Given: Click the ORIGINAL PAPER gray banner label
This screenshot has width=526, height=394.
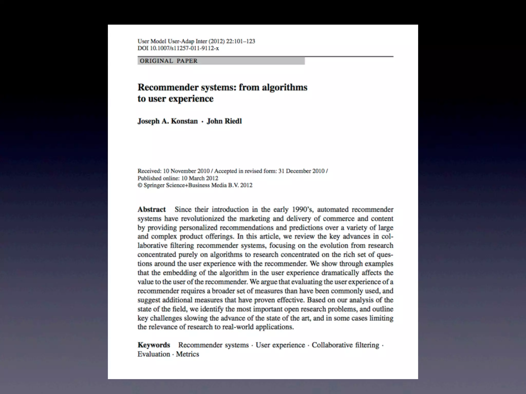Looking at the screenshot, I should click(x=169, y=61).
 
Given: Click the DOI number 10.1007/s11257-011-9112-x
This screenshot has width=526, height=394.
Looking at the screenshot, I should click(x=184, y=48).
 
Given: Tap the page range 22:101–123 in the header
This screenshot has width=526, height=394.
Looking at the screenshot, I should click(x=240, y=41).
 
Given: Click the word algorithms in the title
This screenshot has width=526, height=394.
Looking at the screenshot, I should click(x=285, y=87).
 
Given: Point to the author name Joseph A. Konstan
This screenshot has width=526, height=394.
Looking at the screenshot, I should click(x=168, y=121).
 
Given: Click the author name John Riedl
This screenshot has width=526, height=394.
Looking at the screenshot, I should click(x=224, y=121).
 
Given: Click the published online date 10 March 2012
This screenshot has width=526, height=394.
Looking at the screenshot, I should click(x=200, y=178).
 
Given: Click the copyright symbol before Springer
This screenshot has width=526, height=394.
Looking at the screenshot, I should click(x=140, y=185).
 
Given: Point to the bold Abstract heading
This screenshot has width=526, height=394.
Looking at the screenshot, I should click(x=152, y=210).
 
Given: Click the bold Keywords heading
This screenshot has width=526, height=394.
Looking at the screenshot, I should click(x=154, y=345).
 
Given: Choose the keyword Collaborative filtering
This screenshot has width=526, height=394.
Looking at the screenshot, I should click(x=345, y=345).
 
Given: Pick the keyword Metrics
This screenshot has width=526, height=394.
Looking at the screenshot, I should click(x=187, y=354).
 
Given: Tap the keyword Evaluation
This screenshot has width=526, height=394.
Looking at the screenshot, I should click(x=154, y=354).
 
